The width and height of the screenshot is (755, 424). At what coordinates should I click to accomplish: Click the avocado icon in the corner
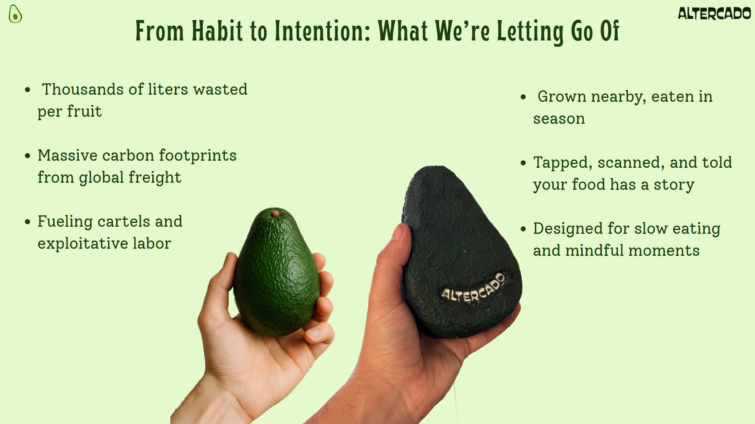(x=15, y=14)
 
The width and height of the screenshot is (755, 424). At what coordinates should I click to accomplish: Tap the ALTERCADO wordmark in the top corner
(x=714, y=14)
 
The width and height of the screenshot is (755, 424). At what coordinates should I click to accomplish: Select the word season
(x=559, y=119)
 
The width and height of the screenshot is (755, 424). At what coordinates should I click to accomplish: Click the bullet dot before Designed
(x=523, y=229)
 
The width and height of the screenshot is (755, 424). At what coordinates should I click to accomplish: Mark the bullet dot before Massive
(x=28, y=156)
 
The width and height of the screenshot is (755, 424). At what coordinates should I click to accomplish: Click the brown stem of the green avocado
(x=275, y=213)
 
